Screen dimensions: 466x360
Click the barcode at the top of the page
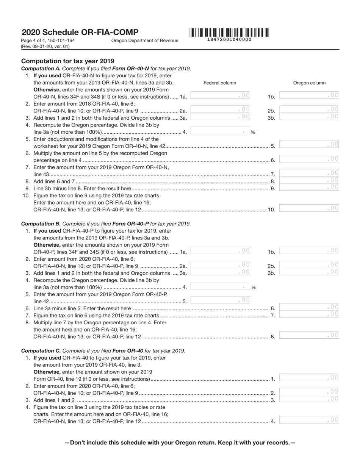(229, 33)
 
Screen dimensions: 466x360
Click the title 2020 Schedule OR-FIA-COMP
(80, 32)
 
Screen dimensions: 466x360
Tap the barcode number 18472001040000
(229, 39)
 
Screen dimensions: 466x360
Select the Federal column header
(220, 83)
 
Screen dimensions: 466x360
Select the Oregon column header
(309, 83)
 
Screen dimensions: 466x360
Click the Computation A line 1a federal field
(220, 96)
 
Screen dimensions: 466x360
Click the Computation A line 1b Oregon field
(309, 96)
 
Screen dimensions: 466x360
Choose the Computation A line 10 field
(309, 208)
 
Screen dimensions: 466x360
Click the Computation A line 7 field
(309, 173)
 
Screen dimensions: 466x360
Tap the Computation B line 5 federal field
(220, 300)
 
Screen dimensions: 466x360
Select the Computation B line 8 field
(309, 335)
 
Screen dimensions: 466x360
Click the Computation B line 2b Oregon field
(309, 265)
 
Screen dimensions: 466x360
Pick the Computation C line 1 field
(309, 378)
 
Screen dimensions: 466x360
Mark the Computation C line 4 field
(309, 420)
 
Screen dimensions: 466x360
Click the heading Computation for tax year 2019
(68, 61)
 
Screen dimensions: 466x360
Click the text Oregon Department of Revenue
(145, 41)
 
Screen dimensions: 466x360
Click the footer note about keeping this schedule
(180, 443)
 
